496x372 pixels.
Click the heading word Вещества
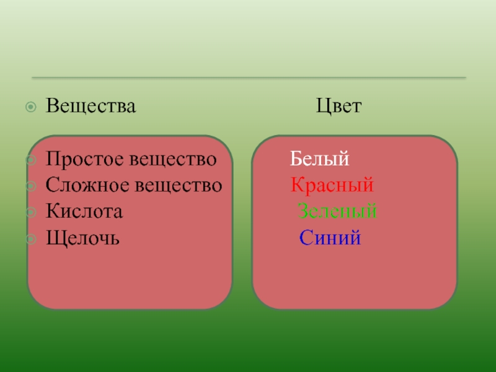point(91,107)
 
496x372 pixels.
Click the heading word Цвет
point(338,107)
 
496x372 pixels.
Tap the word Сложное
point(86,185)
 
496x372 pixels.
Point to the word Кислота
point(84,211)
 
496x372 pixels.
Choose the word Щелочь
point(82,238)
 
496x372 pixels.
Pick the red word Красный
point(332,185)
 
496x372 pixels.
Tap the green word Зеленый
point(337,211)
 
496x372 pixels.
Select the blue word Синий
point(330,237)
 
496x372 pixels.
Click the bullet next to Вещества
point(31,107)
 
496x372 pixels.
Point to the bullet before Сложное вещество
point(31,185)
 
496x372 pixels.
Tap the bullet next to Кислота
point(31,211)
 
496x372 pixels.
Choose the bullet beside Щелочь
point(31,238)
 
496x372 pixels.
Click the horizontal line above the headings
point(248,78)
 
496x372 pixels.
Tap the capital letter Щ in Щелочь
point(53,238)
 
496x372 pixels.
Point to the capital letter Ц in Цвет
point(322,107)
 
